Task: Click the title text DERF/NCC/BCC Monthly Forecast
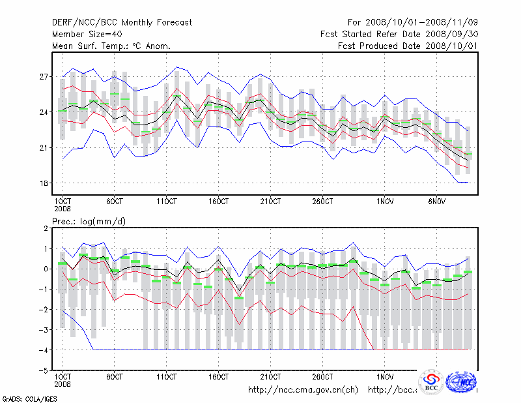point(122,23)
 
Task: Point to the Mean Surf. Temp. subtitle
point(111,46)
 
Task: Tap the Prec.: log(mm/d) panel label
point(89,222)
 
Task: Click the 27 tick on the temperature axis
point(45,77)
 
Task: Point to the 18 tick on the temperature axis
point(45,183)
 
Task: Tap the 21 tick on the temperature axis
point(45,148)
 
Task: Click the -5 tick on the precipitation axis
point(46,370)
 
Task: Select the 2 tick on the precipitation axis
point(48,228)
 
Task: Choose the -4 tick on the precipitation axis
point(46,350)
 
